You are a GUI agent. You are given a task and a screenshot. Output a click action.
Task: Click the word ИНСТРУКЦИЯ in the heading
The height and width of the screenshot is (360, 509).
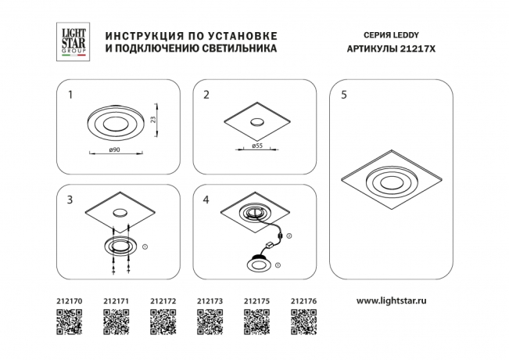coord(138,36)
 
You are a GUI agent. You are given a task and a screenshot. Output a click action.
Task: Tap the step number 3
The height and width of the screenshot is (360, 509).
coord(70,200)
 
